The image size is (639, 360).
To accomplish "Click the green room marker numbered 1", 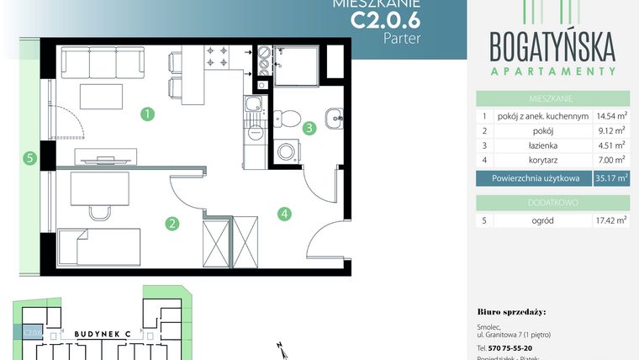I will (x=147, y=113).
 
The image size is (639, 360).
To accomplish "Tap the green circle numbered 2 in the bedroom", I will (x=172, y=223).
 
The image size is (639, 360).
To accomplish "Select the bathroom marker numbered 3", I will (x=310, y=128).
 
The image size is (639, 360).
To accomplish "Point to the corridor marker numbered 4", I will (x=286, y=214).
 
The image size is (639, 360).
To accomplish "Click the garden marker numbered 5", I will (x=30, y=156).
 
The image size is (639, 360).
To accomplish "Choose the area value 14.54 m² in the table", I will (x=610, y=116).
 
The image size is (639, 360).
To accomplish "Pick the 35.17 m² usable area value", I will (x=610, y=178).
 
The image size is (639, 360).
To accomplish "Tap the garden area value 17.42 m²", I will (x=610, y=222).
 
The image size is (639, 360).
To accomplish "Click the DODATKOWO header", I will (x=552, y=202).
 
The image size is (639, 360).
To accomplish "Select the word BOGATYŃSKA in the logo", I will (x=552, y=43).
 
